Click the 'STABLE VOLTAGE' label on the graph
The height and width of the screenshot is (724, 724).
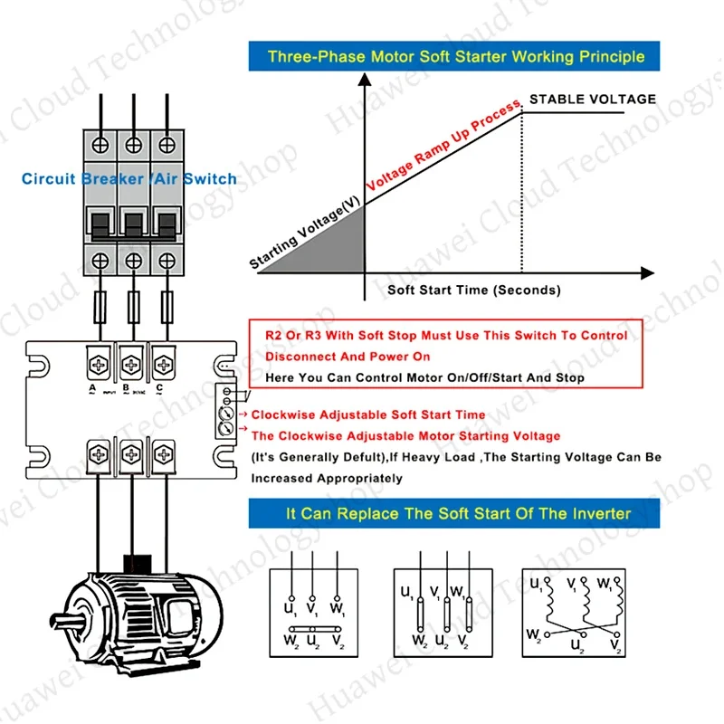point(592,99)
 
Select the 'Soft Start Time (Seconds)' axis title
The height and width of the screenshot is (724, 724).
point(473,291)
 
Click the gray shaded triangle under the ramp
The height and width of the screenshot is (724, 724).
point(335,249)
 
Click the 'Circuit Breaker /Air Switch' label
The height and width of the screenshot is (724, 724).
point(129,179)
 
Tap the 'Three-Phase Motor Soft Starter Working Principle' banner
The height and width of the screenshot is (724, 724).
point(456,56)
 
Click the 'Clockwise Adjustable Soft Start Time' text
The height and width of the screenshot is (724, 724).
point(367,414)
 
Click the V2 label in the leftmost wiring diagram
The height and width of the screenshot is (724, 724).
point(338,640)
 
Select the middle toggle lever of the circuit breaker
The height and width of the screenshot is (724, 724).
point(133,222)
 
